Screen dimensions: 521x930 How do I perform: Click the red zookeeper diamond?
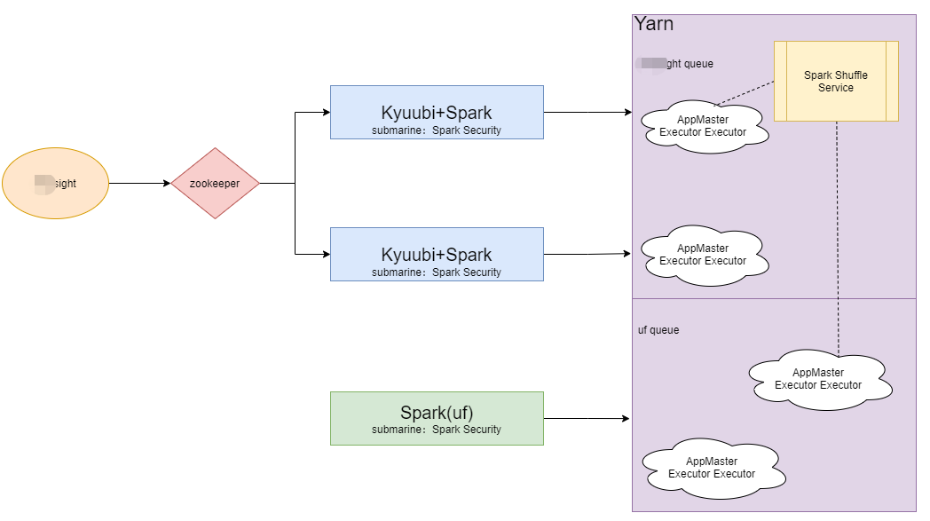pyautogui.click(x=215, y=184)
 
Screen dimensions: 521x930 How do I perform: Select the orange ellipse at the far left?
pyautogui.click(x=55, y=184)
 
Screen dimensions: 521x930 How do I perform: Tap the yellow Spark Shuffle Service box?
pyautogui.click(x=836, y=81)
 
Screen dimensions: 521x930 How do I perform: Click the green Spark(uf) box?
pyautogui.click(x=437, y=418)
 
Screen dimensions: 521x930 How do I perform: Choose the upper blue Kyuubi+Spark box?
pyautogui.click(x=437, y=113)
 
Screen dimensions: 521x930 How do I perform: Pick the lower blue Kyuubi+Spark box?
pyautogui.click(x=437, y=255)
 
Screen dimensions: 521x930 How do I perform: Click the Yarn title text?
pyautogui.click(x=654, y=24)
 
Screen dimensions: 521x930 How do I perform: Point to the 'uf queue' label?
pyautogui.click(x=658, y=330)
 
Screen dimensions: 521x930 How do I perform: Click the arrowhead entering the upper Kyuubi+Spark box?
pyautogui.click(x=325, y=113)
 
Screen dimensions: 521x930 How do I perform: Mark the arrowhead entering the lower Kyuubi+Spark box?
pyautogui.click(x=325, y=255)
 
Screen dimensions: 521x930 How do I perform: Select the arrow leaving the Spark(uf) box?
pyautogui.click(x=586, y=418)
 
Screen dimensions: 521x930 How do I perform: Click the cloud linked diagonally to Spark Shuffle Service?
pyautogui.click(x=703, y=126)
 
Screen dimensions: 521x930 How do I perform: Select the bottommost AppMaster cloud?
pyautogui.click(x=712, y=467)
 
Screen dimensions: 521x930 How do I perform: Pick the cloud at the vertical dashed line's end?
pyautogui.click(x=818, y=379)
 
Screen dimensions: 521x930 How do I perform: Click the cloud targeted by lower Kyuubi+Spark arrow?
pyautogui.click(x=703, y=255)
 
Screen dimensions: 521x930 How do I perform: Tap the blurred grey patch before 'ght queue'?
pyautogui.click(x=650, y=63)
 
